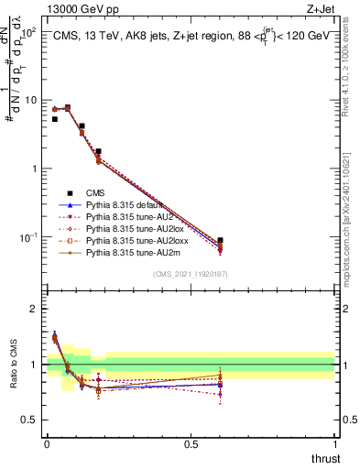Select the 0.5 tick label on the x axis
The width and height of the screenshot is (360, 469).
[x=191, y=445]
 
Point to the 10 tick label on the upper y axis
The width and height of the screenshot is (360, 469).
[x=28, y=100]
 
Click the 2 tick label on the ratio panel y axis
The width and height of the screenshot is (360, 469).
[x=35, y=309]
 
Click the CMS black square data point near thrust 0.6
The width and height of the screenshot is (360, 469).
[x=220, y=240]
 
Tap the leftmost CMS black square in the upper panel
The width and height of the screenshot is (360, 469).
[x=55, y=119]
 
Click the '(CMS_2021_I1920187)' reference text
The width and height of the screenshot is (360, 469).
[x=190, y=274]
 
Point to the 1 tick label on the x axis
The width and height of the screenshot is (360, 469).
[x=335, y=445]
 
